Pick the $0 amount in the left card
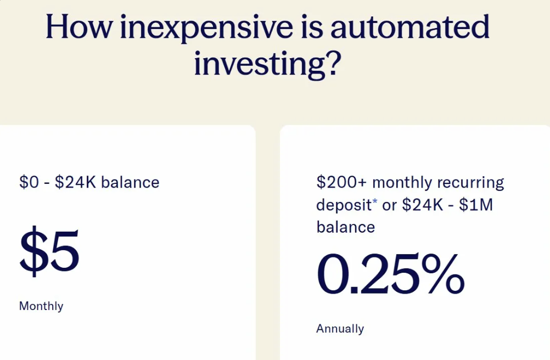[x=30, y=182]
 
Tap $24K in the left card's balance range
[x=76, y=182]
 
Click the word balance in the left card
[x=130, y=182]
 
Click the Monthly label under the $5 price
[x=41, y=306]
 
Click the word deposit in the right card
[x=344, y=205]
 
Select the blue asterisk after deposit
[x=375, y=203]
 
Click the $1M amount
[x=477, y=205]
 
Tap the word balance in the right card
[x=345, y=227]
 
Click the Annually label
[x=340, y=329]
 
